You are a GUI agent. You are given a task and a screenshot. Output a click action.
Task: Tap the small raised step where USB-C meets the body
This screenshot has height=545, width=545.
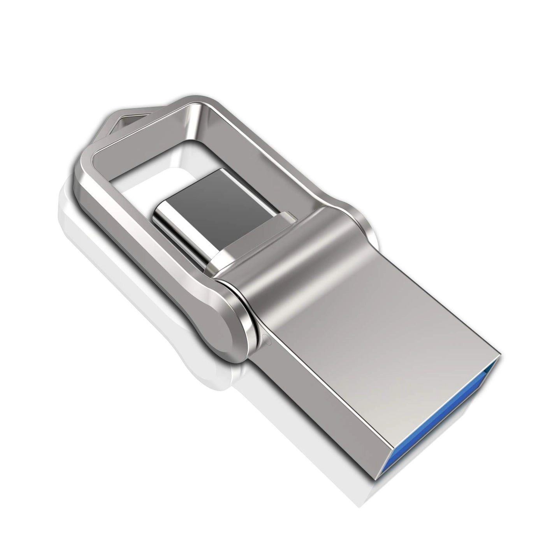pyautogui.click(x=290, y=214)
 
